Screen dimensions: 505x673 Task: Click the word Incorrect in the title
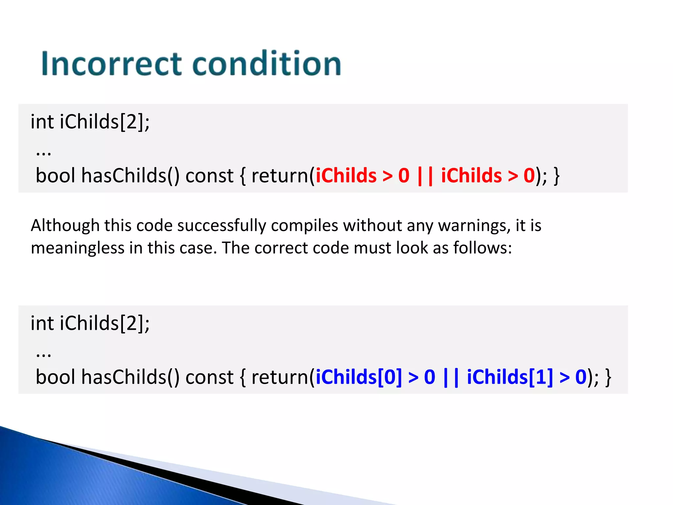(111, 64)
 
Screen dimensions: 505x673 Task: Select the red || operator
(425, 176)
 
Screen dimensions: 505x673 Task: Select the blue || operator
(451, 377)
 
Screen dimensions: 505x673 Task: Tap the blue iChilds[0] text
(359, 377)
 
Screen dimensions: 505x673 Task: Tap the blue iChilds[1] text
(510, 377)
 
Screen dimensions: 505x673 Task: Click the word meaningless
(78, 248)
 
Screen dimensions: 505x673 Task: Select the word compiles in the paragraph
(305, 226)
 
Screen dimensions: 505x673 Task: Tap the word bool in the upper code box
(56, 176)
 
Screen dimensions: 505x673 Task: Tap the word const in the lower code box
(209, 377)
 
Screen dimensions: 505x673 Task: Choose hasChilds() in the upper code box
(130, 176)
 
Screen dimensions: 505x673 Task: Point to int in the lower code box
(42, 323)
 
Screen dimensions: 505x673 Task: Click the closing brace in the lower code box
(608, 377)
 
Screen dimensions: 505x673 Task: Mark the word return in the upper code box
(279, 176)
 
